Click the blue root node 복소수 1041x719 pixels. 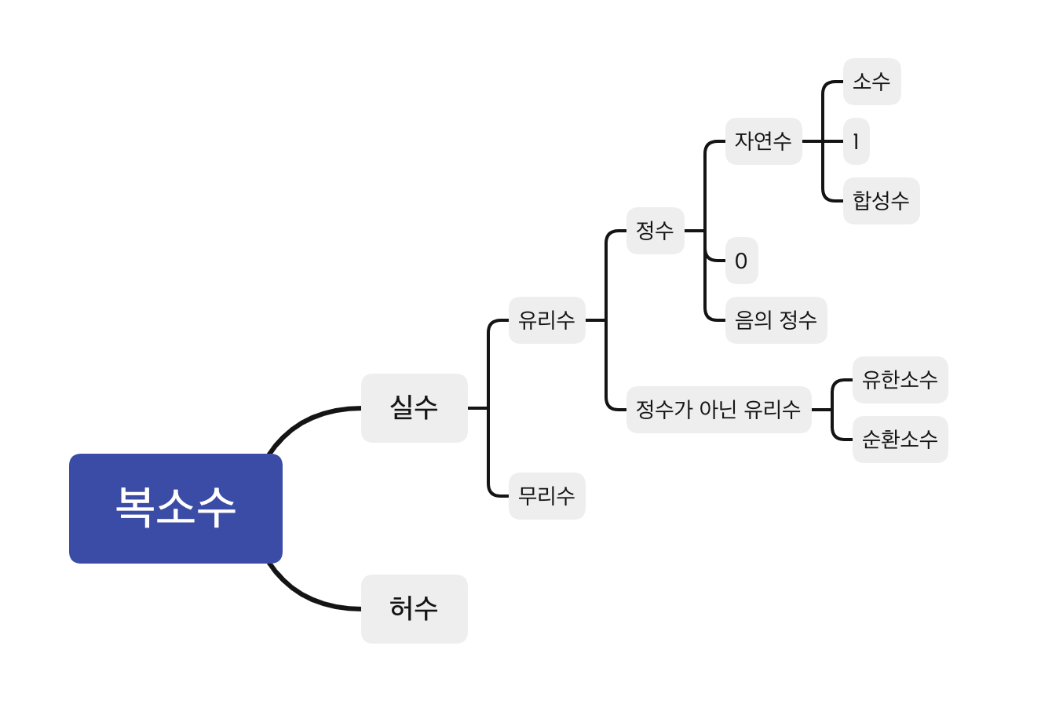tap(175, 508)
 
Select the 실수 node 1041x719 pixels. tap(414, 407)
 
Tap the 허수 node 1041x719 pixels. tap(414, 608)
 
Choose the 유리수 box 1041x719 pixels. tap(546, 320)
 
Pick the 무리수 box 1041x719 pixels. tap(546, 496)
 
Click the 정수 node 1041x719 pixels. tap(655, 231)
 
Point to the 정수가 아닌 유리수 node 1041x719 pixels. tap(718, 410)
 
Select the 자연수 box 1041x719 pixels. tap(763, 141)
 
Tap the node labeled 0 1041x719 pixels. tap(741, 261)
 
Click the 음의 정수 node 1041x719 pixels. tap(776, 320)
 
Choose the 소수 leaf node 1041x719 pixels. tap(871, 82)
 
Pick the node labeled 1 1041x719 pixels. tap(856, 141)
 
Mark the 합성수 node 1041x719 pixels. tap(881, 201)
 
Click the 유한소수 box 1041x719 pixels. tap(900, 380)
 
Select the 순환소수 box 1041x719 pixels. tap(900, 440)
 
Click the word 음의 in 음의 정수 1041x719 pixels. tap(753, 320)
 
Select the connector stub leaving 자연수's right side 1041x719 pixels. tap(812, 141)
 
